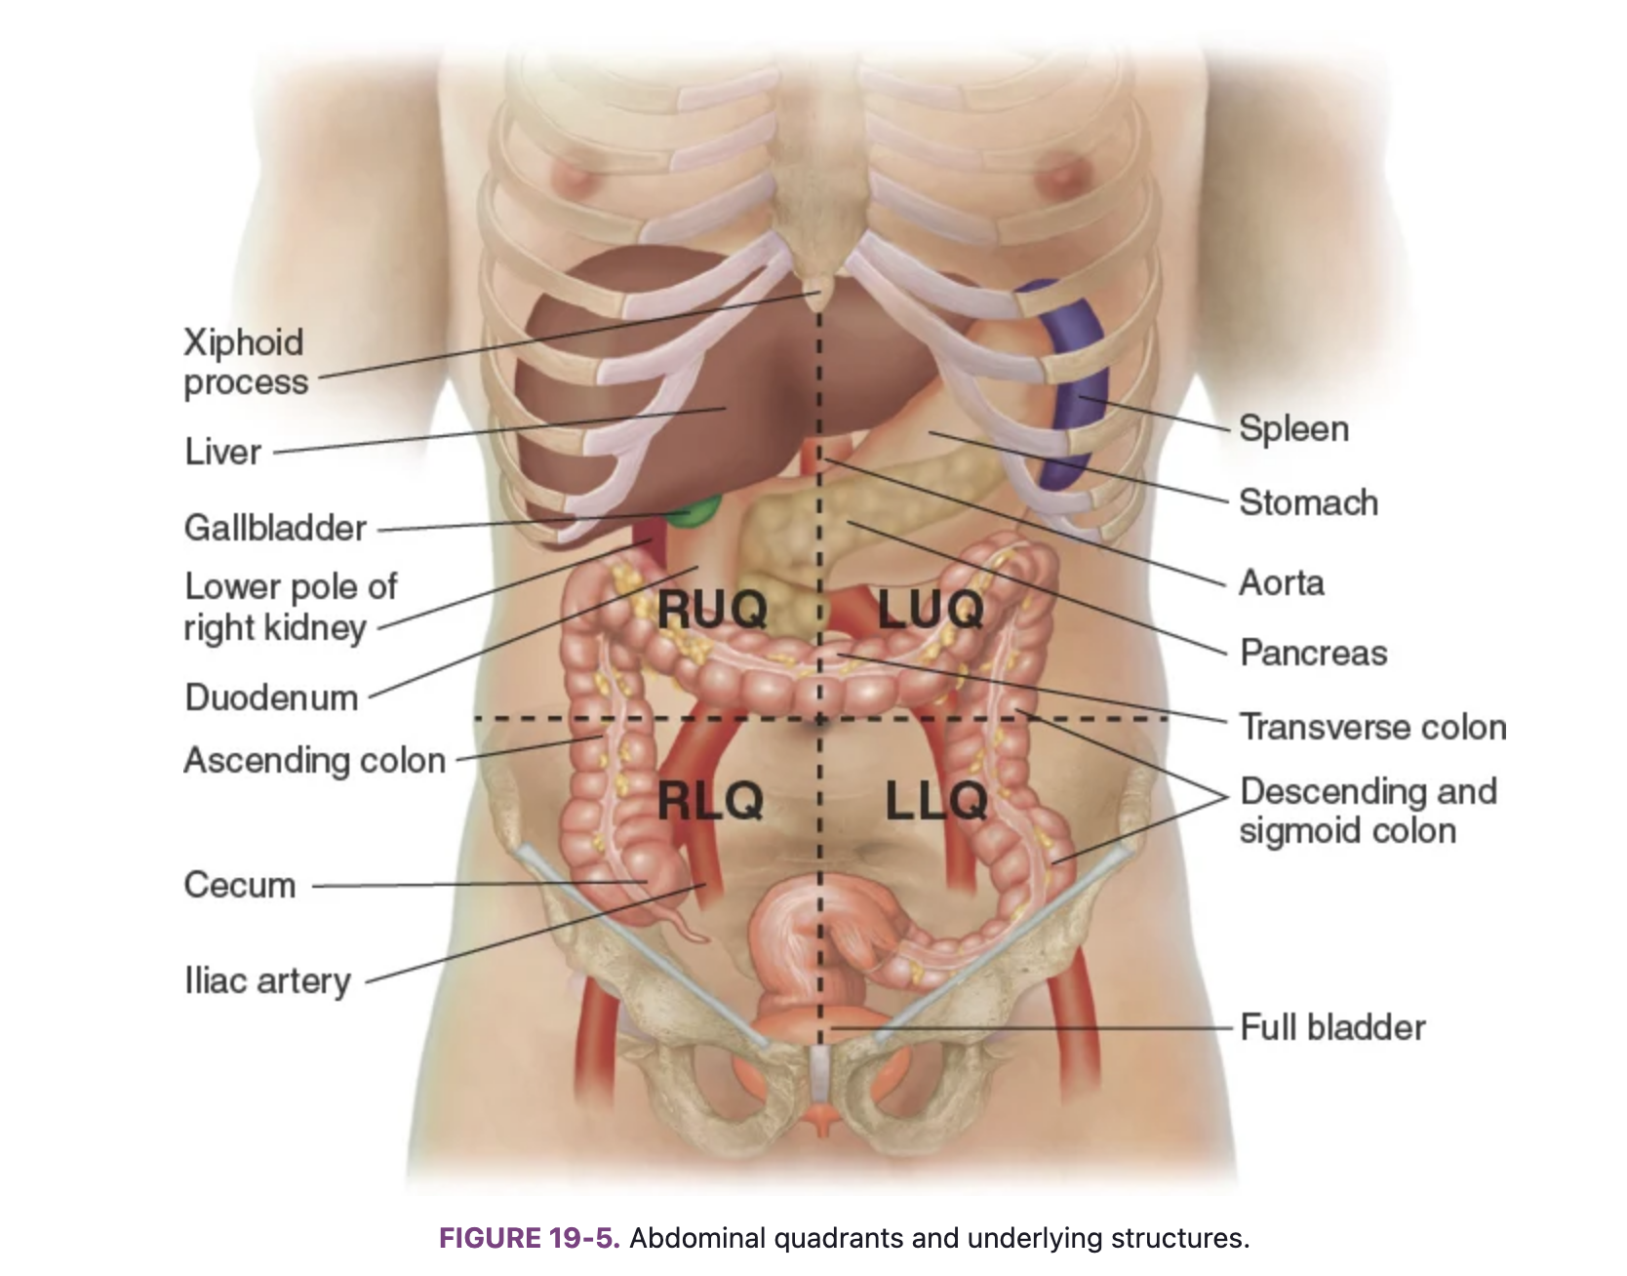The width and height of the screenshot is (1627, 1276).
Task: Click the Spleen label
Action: (x=1293, y=429)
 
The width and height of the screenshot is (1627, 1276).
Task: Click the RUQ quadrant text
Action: (x=712, y=611)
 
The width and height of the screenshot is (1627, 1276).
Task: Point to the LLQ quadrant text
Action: (x=936, y=802)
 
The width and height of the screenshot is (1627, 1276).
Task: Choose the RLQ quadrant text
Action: (x=710, y=802)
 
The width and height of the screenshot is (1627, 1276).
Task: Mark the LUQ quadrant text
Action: (x=931, y=611)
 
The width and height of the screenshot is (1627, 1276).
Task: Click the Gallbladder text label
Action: (x=275, y=528)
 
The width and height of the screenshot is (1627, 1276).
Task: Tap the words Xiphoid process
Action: (x=245, y=362)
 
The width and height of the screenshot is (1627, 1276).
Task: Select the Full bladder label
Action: (x=1332, y=1027)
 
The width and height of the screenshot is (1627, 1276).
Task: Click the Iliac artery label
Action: (x=267, y=980)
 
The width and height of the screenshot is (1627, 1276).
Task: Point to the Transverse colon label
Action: (x=1372, y=727)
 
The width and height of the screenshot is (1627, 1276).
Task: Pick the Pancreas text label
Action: (x=1313, y=653)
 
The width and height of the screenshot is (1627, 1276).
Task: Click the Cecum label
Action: (x=240, y=885)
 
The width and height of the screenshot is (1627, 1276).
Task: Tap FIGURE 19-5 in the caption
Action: (x=529, y=1238)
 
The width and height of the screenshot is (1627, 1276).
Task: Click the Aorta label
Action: (x=1282, y=582)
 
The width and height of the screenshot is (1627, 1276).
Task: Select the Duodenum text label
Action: (x=271, y=698)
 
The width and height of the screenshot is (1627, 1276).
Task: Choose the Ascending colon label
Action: (x=314, y=760)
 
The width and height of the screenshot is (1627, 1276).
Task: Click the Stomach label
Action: (x=1308, y=502)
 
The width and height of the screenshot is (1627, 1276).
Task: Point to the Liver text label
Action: (x=223, y=452)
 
